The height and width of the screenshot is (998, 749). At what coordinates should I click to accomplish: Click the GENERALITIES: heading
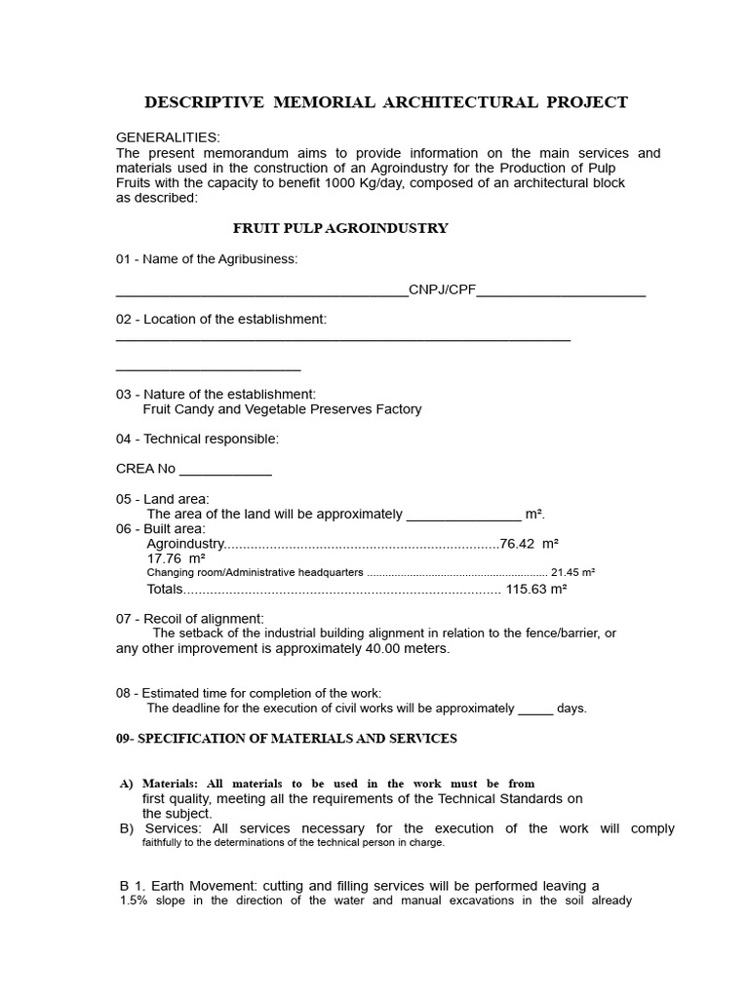click(x=168, y=137)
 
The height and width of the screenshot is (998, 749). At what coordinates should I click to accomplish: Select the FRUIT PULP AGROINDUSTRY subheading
click(x=340, y=228)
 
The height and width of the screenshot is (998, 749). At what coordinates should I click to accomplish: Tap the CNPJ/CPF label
click(x=442, y=289)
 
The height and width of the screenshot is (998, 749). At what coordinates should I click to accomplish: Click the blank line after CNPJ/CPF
click(x=561, y=291)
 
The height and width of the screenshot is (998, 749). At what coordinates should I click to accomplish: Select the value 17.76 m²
click(x=176, y=558)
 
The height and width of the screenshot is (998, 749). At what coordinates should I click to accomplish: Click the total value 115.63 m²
click(x=536, y=589)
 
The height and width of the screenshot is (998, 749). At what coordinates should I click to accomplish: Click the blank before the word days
click(x=535, y=710)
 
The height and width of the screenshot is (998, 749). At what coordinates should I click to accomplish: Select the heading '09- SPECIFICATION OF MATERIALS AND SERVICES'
click(x=286, y=739)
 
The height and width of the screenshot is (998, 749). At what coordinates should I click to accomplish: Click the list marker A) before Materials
click(x=126, y=784)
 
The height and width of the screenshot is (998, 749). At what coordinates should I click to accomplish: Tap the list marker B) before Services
click(x=126, y=828)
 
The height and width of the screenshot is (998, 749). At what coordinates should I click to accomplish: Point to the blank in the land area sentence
click(x=463, y=516)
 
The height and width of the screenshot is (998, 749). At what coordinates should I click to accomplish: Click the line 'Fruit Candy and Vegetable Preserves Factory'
click(x=282, y=409)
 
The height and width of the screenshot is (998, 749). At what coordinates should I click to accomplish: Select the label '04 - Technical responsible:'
click(x=197, y=439)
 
